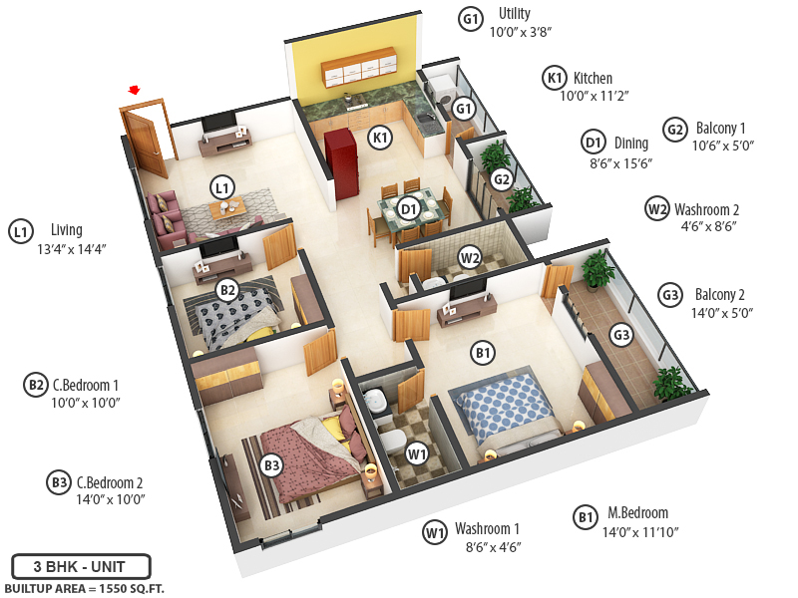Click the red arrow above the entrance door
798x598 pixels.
(x=134, y=90)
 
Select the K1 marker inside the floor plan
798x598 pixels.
(x=380, y=138)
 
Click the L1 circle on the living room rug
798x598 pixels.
(x=221, y=186)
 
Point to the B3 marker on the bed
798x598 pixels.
(x=271, y=464)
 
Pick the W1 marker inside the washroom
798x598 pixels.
(x=417, y=454)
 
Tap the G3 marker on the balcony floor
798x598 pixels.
(x=621, y=336)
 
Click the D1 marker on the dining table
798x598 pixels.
(x=408, y=208)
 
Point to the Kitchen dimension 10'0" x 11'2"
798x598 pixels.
(x=594, y=97)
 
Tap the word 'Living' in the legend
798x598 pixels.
(x=61, y=230)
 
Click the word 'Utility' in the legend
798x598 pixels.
(x=515, y=14)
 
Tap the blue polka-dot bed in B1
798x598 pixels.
(x=502, y=407)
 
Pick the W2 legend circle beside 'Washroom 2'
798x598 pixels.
(x=656, y=209)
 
